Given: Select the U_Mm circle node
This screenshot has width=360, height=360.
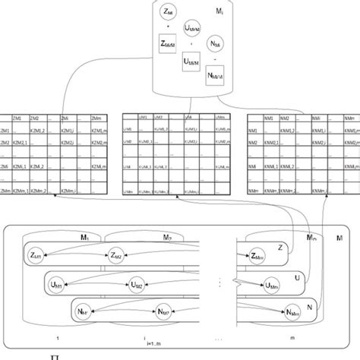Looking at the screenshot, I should pos(272,285).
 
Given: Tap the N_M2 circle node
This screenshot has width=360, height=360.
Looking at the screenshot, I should pos(159,311).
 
